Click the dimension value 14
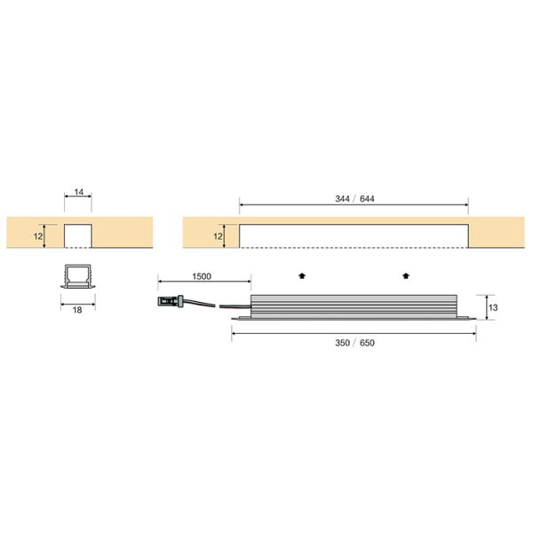point(78,192)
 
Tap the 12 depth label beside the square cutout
point(38,235)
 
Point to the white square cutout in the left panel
point(78,235)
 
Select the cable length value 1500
point(201,276)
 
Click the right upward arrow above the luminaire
point(407,275)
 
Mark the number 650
point(367,342)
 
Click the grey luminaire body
point(355,305)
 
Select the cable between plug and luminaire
point(218,306)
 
